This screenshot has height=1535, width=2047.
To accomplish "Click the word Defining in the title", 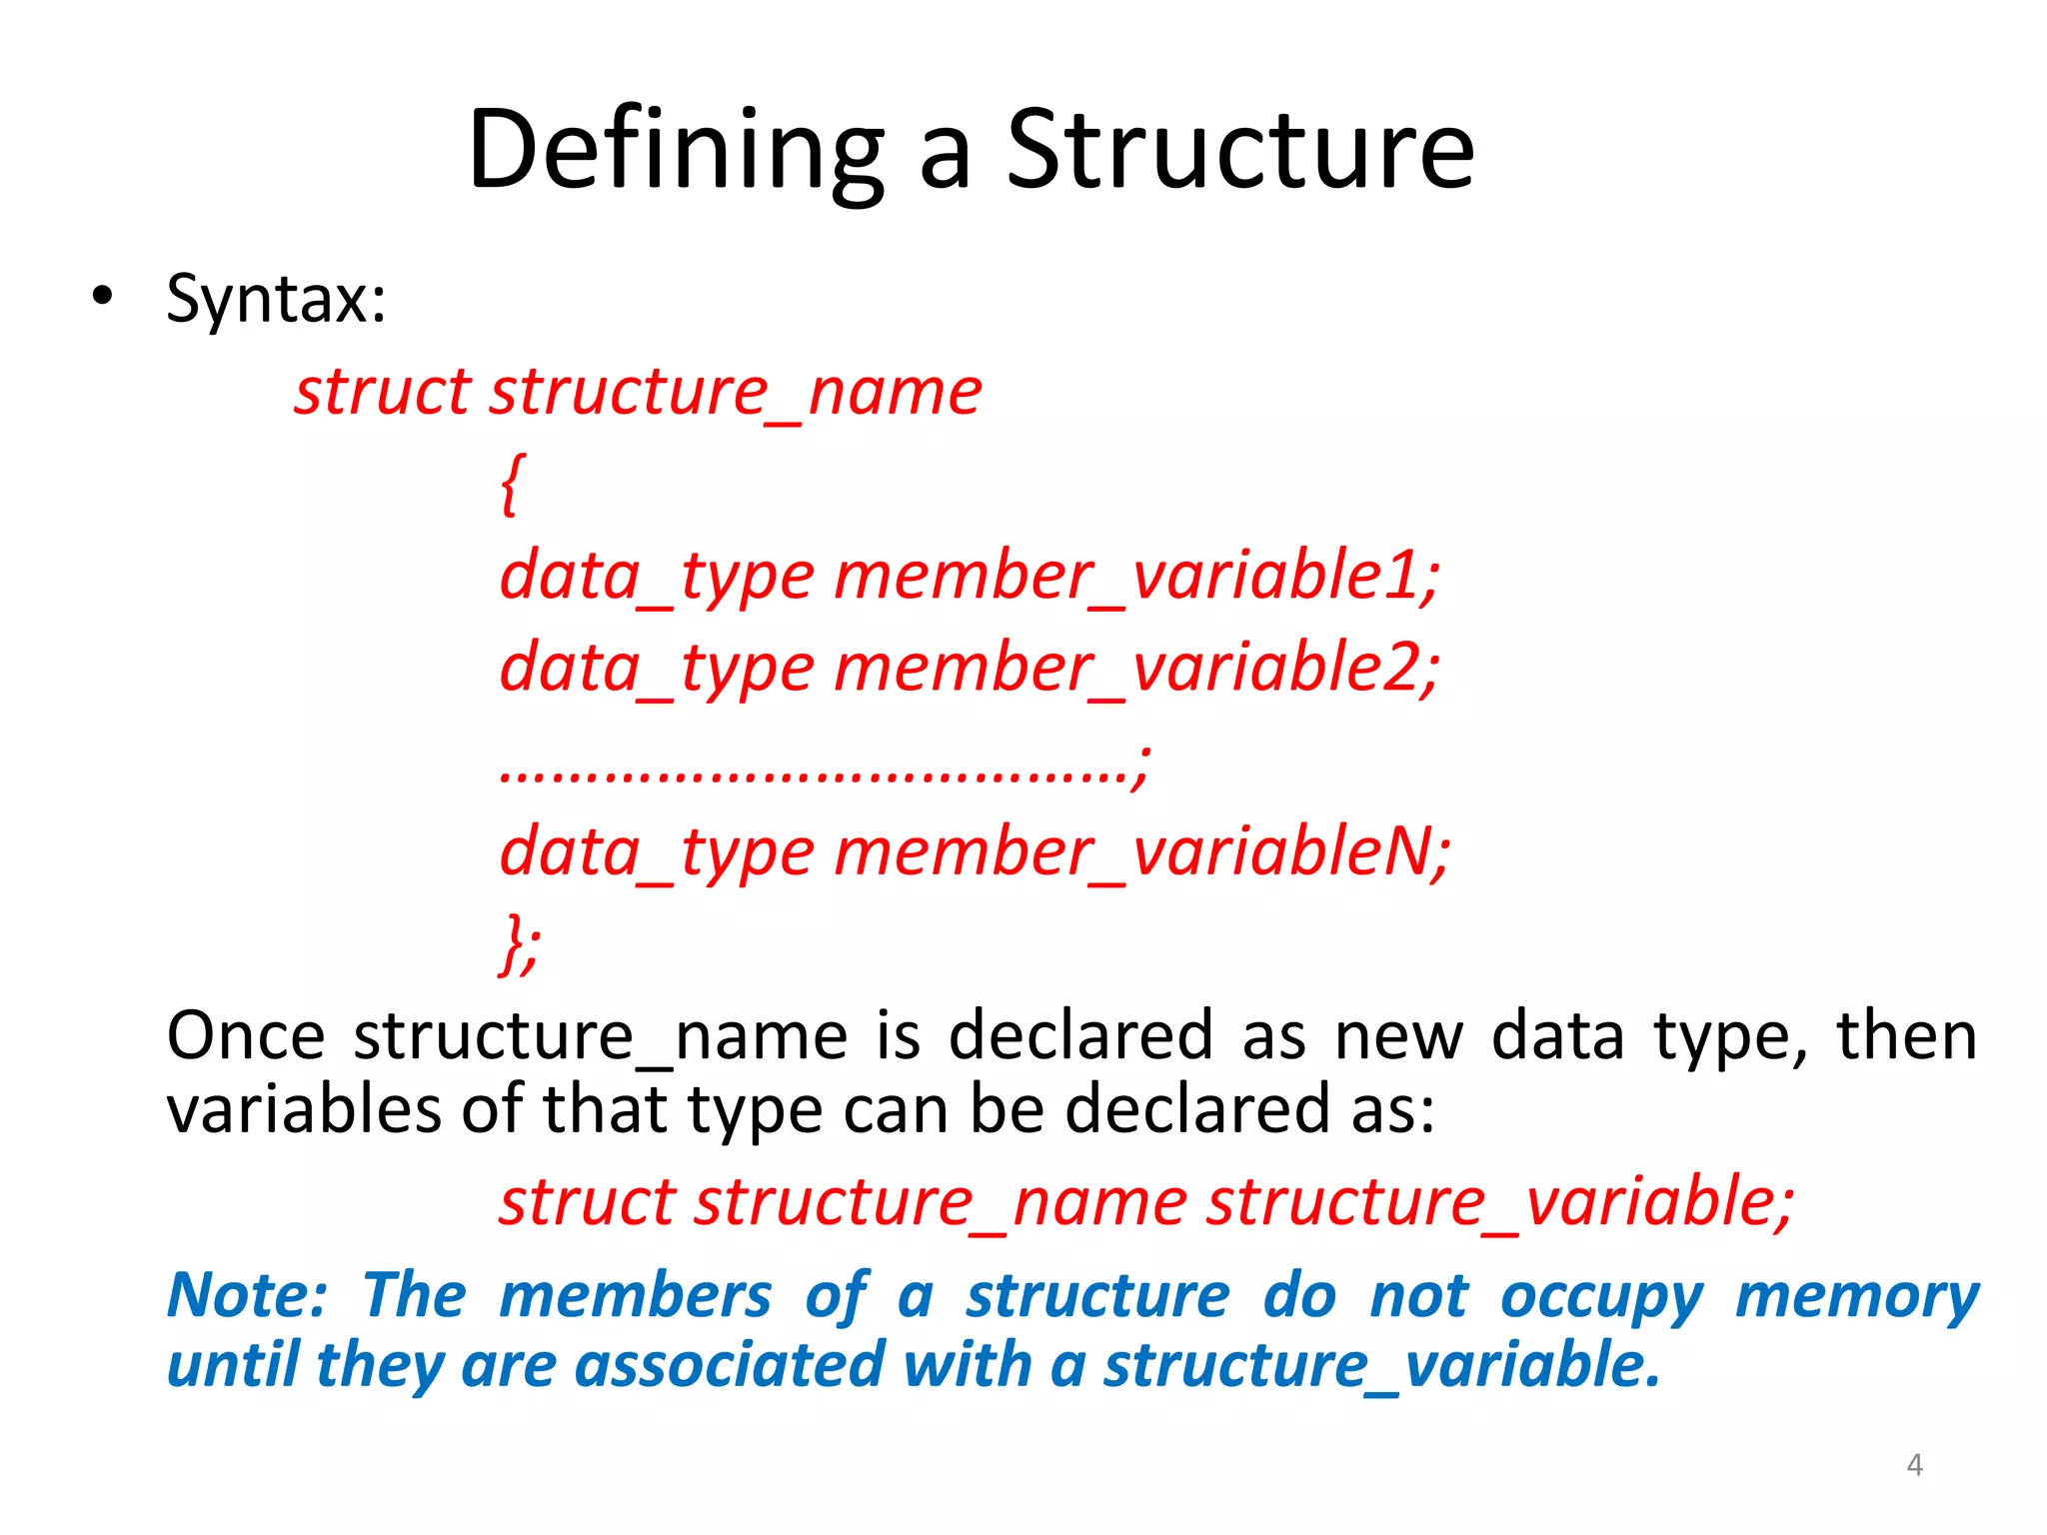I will [x=676, y=150].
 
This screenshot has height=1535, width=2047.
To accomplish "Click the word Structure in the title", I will [x=1239, y=150].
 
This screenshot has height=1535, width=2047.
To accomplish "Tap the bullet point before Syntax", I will [x=102, y=297].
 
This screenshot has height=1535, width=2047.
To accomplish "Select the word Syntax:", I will [x=276, y=299].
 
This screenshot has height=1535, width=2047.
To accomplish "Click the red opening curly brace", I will [x=511, y=484].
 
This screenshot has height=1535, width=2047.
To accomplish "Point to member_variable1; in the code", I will [x=1136, y=577].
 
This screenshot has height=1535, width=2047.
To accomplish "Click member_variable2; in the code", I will [x=1136, y=669].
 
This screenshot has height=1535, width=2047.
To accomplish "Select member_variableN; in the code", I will [x=1141, y=852].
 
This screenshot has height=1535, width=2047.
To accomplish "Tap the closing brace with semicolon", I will [x=519, y=943].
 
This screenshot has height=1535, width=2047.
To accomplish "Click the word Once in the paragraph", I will [x=245, y=1036].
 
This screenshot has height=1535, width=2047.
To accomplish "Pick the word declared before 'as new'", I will [x=1079, y=1036].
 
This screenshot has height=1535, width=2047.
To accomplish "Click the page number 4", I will [x=1914, y=1465].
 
